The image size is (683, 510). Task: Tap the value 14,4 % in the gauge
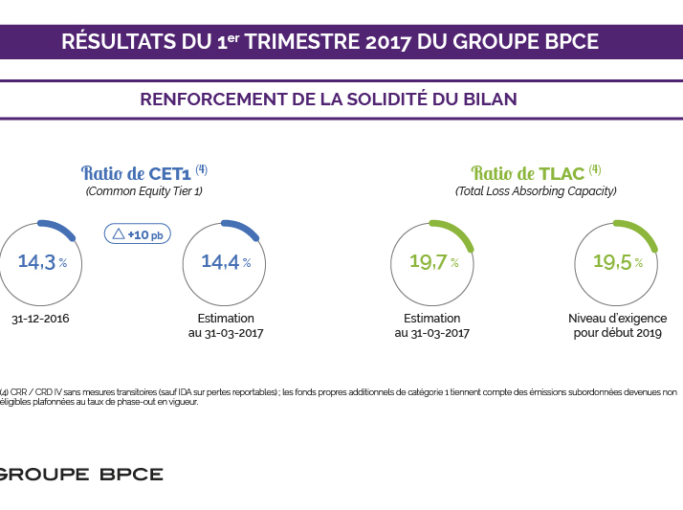[x=226, y=262]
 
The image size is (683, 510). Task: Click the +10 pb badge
[x=137, y=233]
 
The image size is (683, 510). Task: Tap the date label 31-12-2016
[x=40, y=319]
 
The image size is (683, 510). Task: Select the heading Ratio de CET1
[x=144, y=173]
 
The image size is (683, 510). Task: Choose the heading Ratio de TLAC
[x=535, y=173]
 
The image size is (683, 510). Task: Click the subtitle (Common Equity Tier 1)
[x=144, y=191]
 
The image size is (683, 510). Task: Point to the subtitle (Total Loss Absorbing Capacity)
[x=535, y=191]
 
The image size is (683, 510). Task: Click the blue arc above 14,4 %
[x=246, y=233]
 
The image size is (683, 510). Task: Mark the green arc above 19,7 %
[x=453, y=233]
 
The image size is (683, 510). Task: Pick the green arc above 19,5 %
[x=636, y=233]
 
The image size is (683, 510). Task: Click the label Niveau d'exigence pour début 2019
[x=617, y=325]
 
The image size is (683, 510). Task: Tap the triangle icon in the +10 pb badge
[x=119, y=233]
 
